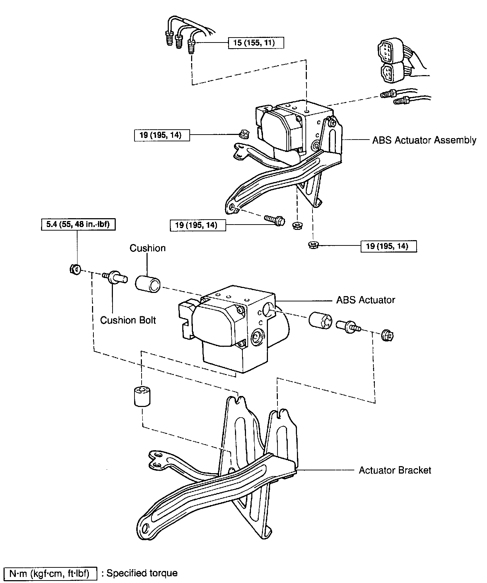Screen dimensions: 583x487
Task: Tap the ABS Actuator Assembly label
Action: (424, 140)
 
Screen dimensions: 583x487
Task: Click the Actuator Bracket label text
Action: (395, 470)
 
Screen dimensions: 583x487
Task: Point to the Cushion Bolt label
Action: (128, 320)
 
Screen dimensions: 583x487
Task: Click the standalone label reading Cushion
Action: (148, 248)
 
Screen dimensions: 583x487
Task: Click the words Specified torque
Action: (142, 573)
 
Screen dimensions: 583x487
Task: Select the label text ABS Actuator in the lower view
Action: (366, 300)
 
